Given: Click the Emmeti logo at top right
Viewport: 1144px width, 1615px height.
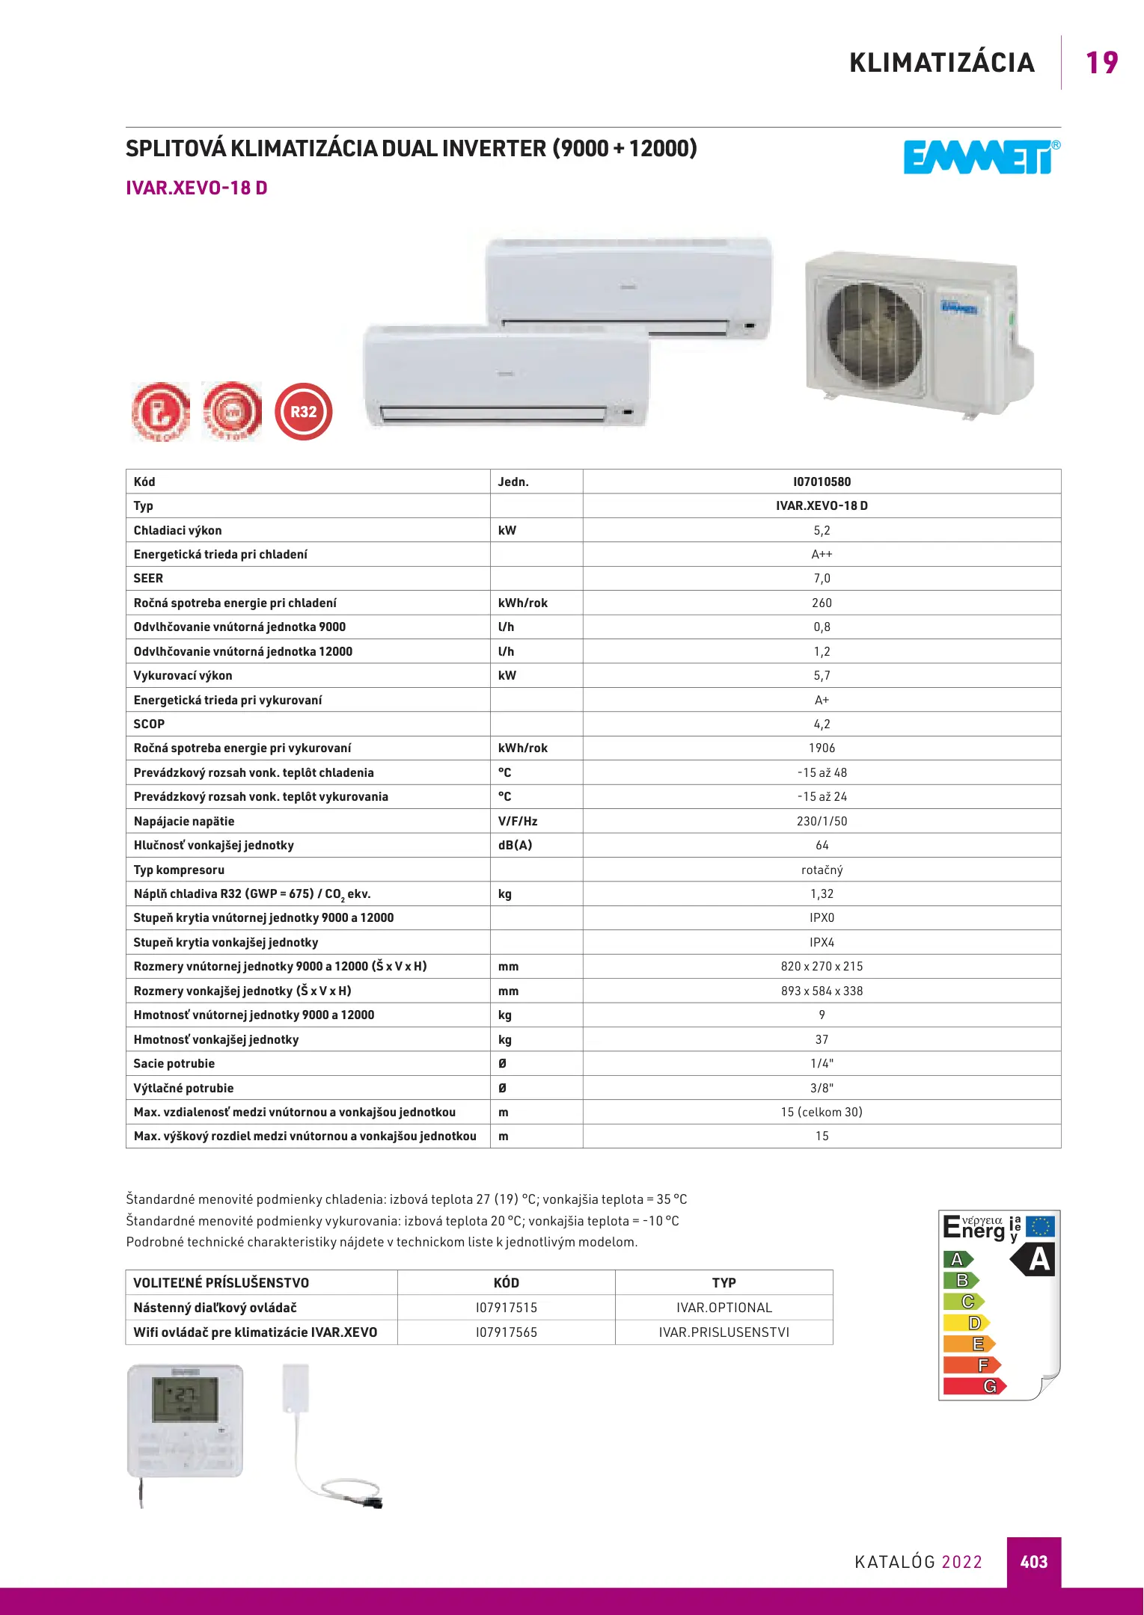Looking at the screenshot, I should pyautogui.click(x=981, y=158).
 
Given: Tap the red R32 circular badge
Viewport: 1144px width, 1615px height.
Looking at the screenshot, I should pyautogui.click(x=303, y=411).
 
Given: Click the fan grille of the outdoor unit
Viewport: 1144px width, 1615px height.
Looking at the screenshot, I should pyautogui.click(x=873, y=334).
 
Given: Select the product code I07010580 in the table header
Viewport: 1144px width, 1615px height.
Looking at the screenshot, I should pyautogui.click(x=822, y=482).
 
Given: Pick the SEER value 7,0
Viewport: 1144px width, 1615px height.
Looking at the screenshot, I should pyautogui.click(x=822, y=579).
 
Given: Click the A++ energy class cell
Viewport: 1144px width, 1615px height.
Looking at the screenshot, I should pyautogui.click(x=822, y=555).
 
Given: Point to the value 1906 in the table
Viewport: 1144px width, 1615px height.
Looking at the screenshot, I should pyautogui.click(x=822, y=748).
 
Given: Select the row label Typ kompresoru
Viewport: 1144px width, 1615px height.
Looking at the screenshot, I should pyautogui.click(x=179, y=870).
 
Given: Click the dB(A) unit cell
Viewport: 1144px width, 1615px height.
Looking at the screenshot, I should pyautogui.click(x=516, y=846).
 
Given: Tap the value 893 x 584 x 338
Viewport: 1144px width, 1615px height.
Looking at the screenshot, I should pyautogui.click(x=822, y=991).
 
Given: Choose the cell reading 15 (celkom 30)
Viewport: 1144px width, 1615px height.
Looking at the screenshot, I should pyautogui.click(x=822, y=1113).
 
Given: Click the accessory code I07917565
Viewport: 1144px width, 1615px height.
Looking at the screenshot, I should pyautogui.click(x=507, y=1332).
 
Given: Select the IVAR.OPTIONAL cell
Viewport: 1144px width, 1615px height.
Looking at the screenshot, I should pyautogui.click(x=724, y=1308).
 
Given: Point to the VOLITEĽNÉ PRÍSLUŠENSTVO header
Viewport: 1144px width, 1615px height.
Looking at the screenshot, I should pyautogui.click(x=221, y=1283).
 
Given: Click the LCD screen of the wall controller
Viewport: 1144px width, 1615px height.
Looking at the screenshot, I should pyautogui.click(x=186, y=1400).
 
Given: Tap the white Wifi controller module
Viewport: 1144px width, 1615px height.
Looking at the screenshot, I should pyautogui.click(x=296, y=1388).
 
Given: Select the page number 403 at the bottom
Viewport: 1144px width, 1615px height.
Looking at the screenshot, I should pyautogui.click(x=1033, y=1562).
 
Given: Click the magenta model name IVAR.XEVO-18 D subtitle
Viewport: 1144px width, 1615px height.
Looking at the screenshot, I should pyautogui.click(x=197, y=188).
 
